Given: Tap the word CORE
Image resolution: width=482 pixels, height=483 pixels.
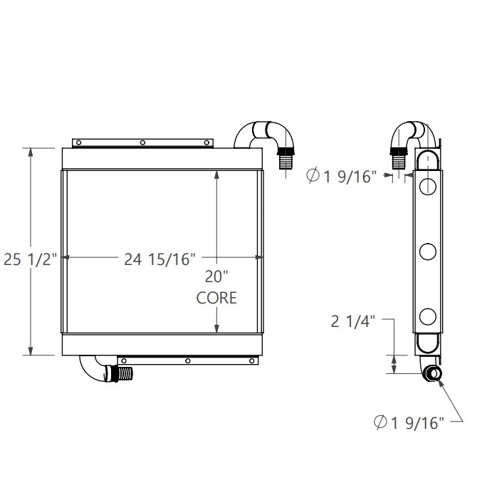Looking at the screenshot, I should pyautogui.click(x=216, y=298).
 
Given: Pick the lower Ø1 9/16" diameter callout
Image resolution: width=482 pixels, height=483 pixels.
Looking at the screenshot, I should pyautogui.click(x=409, y=424).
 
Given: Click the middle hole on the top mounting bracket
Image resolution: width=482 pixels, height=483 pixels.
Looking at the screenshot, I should pyautogui.click(x=142, y=142).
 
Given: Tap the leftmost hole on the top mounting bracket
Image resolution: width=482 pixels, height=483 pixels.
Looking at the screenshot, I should pyautogui.click(x=80, y=142).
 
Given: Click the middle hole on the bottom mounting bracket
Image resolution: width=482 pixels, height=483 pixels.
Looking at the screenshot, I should pyautogui.click(x=187, y=361).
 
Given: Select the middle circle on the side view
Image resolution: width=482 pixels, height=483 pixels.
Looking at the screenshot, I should pyautogui.click(x=428, y=251).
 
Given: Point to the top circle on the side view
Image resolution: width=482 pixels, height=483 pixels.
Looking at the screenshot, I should pyautogui.click(x=428, y=187).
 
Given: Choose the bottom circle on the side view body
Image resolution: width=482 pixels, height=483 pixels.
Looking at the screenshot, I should pyautogui.click(x=428, y=316).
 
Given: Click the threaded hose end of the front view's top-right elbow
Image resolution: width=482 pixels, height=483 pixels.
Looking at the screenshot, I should pyautogui.click(x=286, y=158).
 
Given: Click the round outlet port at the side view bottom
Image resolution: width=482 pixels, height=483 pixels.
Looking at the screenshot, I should pyautogui.click(x=433, y=375).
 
